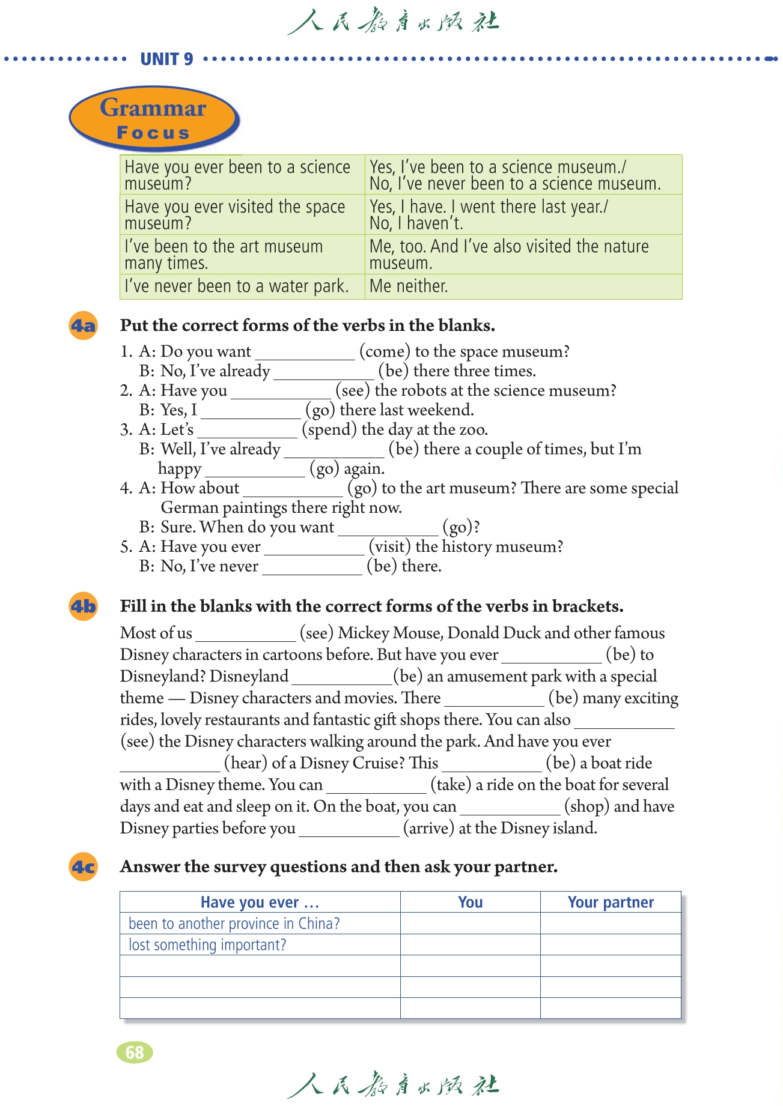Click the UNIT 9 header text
click(166, 59)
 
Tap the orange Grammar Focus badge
click(153, 118)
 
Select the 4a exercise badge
click(83, 326)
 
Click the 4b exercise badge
click(83, 606)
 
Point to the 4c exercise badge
click(83, 867)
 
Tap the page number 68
click(135, 1052)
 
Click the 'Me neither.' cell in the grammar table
click(409, 286)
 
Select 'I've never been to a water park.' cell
click(237, 286)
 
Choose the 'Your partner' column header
click(611, 902)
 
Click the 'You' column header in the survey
click(470, 902)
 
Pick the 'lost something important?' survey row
click(207, 944)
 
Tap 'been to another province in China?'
click(234, 923)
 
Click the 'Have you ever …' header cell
click(260, 902)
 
